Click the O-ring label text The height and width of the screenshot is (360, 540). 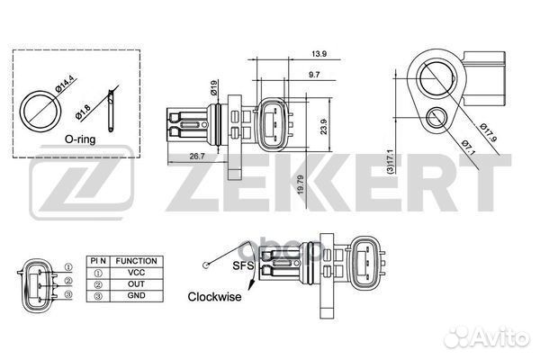pos(80,139)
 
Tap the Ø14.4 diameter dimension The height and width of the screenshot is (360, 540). pos(65,84)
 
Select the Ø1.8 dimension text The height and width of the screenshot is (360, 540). pos(83,112)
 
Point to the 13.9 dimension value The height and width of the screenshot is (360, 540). pos(319,54)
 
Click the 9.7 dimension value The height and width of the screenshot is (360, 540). pos(314,75)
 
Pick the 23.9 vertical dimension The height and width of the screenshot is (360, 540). pos(324,126)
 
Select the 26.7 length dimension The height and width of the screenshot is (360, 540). pos(197,157)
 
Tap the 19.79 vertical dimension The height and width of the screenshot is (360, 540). pos(301,184)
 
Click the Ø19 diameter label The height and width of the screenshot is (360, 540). pos(213,88)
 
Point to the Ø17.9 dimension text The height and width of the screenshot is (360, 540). pos(489,132)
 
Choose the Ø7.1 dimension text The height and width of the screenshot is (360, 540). pos(468,148)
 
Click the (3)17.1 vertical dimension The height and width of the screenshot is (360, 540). pos(391,162)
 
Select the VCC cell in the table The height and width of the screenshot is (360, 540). pos(137,273)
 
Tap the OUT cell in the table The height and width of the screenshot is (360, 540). pos(137,284)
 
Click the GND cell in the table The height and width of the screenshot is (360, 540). pos(137,295)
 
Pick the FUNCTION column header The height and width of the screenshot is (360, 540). pos(137,261)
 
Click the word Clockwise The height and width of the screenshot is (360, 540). pos(214,297)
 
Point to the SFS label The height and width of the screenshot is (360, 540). pos(243,265)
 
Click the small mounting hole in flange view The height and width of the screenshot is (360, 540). pos(436,118)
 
